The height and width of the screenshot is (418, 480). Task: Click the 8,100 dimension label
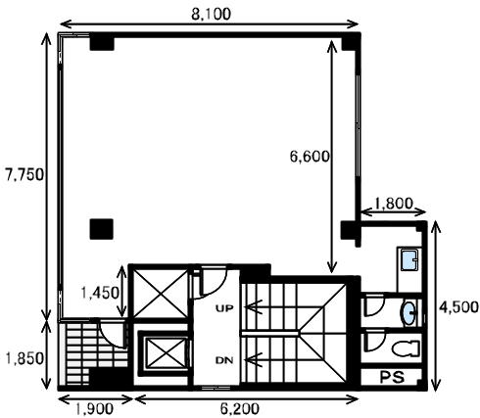pyautogui.click(x=211, y=15)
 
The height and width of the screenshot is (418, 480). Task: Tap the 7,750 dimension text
pyautogui.click(x=24, y=175)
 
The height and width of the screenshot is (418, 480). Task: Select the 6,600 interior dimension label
pyautogui.click(x=310, y=157)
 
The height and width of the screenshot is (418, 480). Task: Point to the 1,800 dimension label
pyautogui.click(x=394, y=204)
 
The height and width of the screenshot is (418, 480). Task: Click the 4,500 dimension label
pyautogui.click(x=458, y=306)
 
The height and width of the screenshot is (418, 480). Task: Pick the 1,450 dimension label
pyautogui.click(x=100, y=293)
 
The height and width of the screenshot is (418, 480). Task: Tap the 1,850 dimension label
pyautogui.click(x=24, y=358)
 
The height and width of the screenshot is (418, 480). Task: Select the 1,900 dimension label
pyautogui.click(x=94, y=408)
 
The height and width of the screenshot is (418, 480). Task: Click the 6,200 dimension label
pyautogui.click(x=240, y=408)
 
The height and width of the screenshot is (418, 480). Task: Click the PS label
pyautogui.click(x=392, y=377)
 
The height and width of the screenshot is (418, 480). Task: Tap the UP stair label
pyautogui.click(x=224, y=308)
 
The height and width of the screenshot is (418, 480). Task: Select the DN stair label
pyautogui.click(x=224, y=360)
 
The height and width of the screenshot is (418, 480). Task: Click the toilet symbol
pyautogui.click(x=406, y=348)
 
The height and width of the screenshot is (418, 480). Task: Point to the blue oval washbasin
pyautogui.click(x=408, y=313)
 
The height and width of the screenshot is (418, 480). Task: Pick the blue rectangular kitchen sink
pyautogui.click(x=409, y=260)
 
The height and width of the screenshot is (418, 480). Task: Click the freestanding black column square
pyautogui.click(x=102, y=229)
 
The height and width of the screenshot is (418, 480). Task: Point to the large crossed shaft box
pyautogui.click(x=161, y=294)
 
